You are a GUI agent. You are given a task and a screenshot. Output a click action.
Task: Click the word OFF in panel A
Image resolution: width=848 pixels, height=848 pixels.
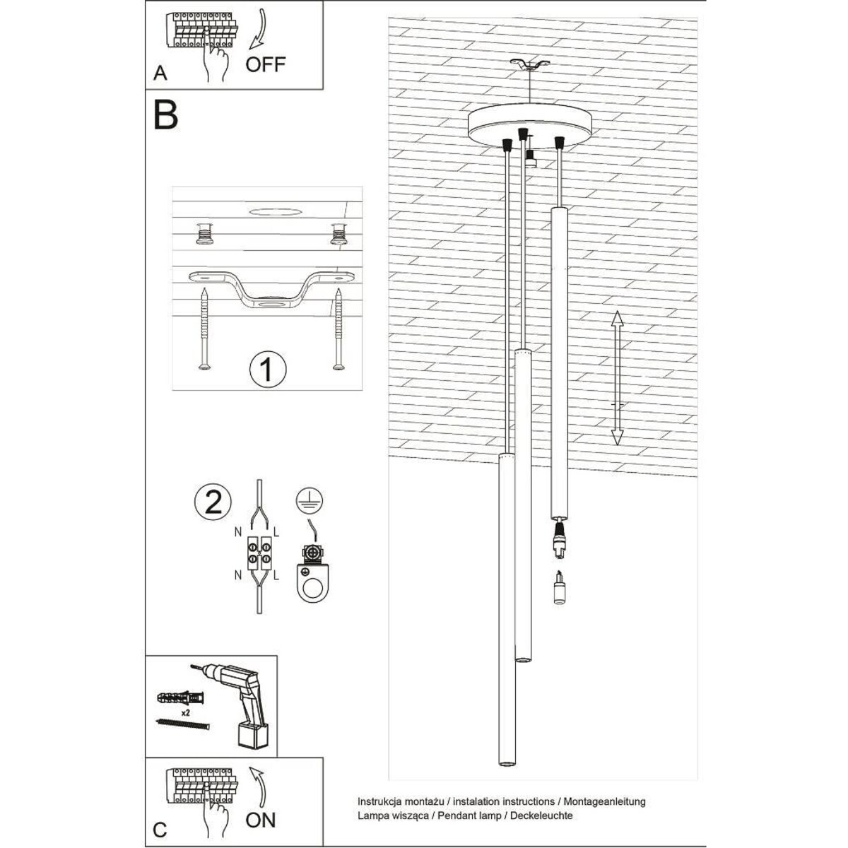tap(266, 64)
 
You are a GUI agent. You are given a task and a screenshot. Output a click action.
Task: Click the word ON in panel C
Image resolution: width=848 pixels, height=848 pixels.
tap(261, 820)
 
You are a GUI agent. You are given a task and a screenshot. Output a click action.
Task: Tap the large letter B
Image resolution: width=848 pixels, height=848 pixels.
tap(165, 116)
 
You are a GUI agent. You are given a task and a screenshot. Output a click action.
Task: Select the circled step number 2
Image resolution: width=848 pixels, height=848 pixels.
tap(213, 501)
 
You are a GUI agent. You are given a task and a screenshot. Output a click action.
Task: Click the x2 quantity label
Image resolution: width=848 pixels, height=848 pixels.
tap(186, 714)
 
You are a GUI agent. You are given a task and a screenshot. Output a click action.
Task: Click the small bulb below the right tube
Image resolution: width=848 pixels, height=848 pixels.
tap(560, 590)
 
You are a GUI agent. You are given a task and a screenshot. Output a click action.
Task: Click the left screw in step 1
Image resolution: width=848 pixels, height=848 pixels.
tap(204, 329)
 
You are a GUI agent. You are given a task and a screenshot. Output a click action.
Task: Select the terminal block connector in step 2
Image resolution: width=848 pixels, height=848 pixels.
tap(259, 551)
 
